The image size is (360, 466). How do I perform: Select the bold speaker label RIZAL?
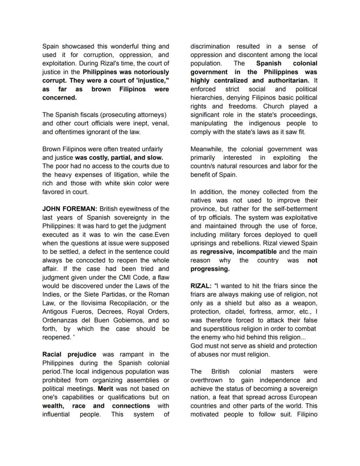201,286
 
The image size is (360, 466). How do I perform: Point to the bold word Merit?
106,389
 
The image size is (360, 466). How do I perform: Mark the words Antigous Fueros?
69,312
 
